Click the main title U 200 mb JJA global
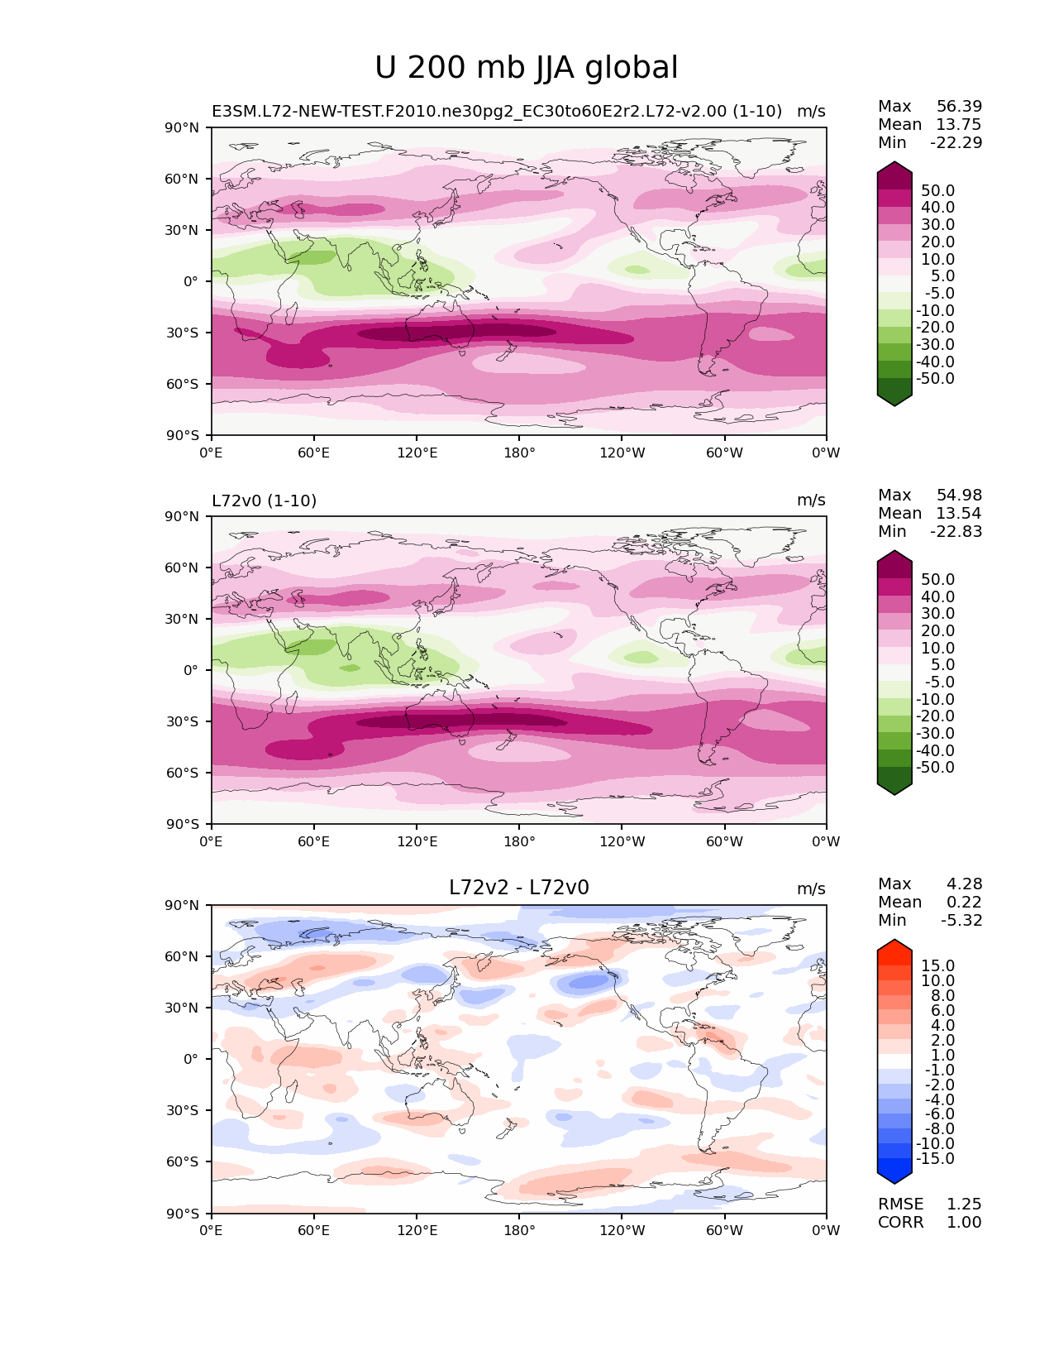(526, 68)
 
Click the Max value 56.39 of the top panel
(959, 107)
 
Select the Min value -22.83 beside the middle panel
(956, 532)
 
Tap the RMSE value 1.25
(964, 1205)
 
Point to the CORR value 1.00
(964, 1223)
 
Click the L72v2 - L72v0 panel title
(518, 888)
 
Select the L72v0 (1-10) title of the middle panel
(264, 500)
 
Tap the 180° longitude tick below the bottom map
(519, 1231)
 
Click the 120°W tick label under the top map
(622, 453)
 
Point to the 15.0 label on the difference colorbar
(937, 966)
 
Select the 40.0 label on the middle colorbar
(937, 597)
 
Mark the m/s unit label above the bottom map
(811, 889)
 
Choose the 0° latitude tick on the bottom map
(191, 1059)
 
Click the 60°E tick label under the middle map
(313, 842)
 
